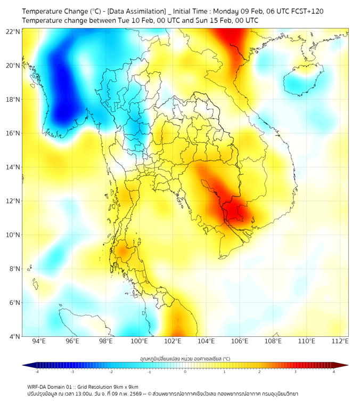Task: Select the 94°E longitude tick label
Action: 39,341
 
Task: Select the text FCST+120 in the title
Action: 305,11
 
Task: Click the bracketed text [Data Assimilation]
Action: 132,11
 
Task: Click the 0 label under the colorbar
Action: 185,372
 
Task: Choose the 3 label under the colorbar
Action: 297,372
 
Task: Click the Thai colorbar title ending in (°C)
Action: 185,359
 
